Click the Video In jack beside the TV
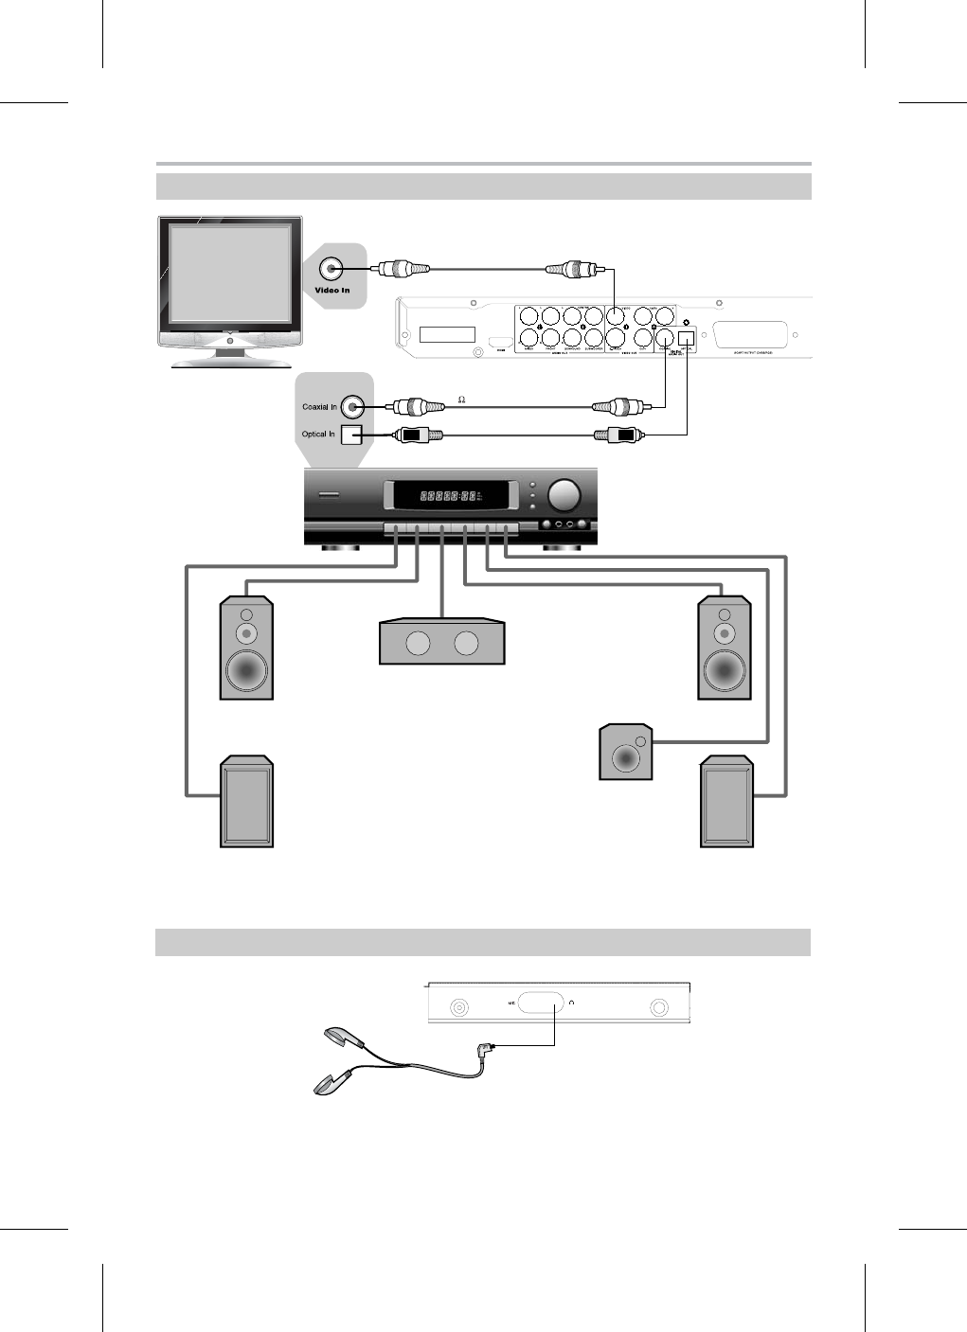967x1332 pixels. pos(332,268)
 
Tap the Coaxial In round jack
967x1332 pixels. pos(353,407)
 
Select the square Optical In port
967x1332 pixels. pos(352,435)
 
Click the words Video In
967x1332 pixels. pos(332,290)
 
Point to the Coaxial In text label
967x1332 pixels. pos(320,407)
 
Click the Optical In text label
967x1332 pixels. pos(319,435)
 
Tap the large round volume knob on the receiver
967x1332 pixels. pos(566,494)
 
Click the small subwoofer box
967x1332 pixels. pos(626,754)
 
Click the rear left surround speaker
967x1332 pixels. pos(247,802)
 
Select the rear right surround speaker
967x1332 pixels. pos(726,802)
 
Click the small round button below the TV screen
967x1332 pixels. pos(230,339)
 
